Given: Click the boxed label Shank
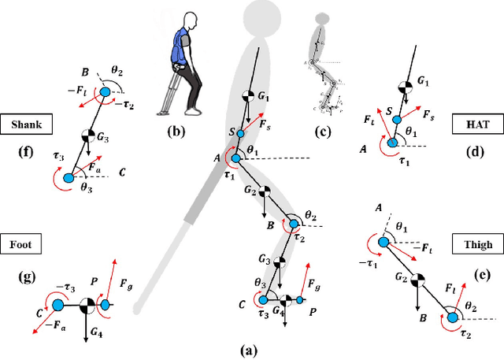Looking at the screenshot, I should pyautogui.click(x=28, y=124).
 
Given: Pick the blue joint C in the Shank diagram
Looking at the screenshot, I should pyautogui.click(x=68, y=180).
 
